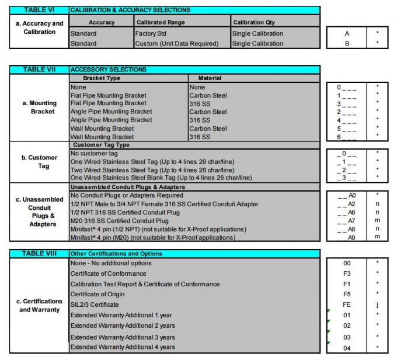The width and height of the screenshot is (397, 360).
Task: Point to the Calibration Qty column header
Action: tap(256, 22)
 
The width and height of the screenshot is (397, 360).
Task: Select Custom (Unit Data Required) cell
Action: tap(176, 43)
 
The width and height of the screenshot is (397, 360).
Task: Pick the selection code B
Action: tap(347, 43)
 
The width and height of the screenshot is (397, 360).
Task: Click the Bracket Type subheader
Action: tap(102, 78)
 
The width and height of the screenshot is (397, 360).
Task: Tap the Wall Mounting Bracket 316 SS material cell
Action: tap(199, 137)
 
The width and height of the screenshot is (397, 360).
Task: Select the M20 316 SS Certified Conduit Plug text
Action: tap(120, 221)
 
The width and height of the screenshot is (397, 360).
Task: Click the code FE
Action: tap(347, 304)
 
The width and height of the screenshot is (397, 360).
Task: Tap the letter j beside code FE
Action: tap(377, 304)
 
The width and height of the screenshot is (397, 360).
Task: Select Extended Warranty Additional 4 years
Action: tap(123, 348)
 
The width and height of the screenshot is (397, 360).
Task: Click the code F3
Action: tap(347, 274)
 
